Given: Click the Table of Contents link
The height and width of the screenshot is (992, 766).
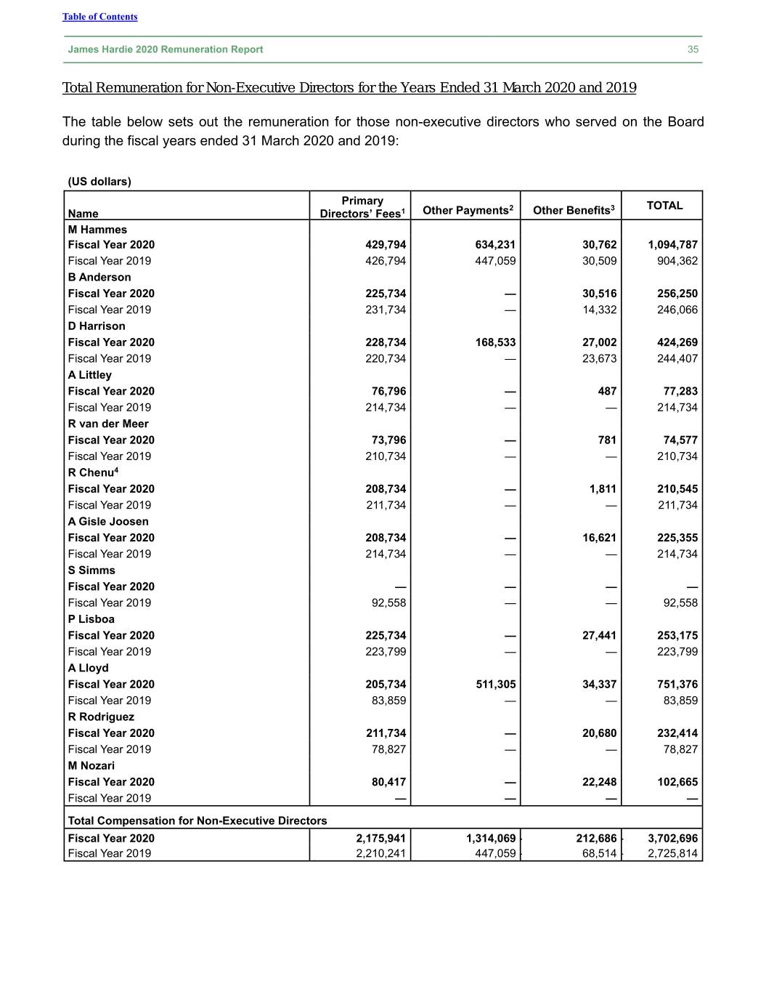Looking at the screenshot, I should [x=99, y=17].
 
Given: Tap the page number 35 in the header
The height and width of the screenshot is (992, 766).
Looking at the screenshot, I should [x=693, y=49].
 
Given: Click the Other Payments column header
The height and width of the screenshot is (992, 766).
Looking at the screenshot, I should [x=468, y=210].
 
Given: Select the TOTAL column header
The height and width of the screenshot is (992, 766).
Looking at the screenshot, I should [x=664, y=206].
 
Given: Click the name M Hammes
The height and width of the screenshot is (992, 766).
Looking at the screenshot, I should [x=97, y=230].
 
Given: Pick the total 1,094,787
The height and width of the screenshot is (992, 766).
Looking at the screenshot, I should [x=672, y=245].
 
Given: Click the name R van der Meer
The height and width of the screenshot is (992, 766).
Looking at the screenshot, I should [x=108, y=424].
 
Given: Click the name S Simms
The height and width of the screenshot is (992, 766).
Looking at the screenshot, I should [x=91, y=570].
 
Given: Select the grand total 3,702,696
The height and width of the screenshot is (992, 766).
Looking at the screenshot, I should [x=672, y=838].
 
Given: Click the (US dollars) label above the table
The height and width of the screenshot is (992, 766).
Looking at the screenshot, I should [x=99, y=182].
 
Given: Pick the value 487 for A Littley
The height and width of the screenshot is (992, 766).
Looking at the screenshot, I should [x=607, y=391].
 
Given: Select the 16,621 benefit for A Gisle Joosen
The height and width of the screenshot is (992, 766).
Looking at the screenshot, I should [x=599, y=538].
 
